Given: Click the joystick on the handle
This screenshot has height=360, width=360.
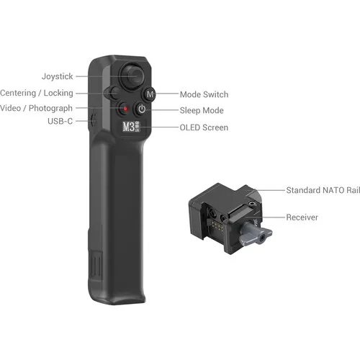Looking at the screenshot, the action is point(132,76).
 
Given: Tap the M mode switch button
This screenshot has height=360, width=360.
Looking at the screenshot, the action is point(150,94).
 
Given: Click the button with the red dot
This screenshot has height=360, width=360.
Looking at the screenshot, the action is point(125,109).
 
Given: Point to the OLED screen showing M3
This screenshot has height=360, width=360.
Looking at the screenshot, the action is point(131,127).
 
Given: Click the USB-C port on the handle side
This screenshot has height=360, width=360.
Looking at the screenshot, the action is point(94,120).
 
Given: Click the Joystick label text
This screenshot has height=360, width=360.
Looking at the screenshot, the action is point(57,76).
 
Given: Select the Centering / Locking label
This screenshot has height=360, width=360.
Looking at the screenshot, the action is point(37,93).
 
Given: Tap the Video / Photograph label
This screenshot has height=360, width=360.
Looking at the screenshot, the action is point(36,108).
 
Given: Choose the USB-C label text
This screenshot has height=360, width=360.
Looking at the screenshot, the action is point(60,121).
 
